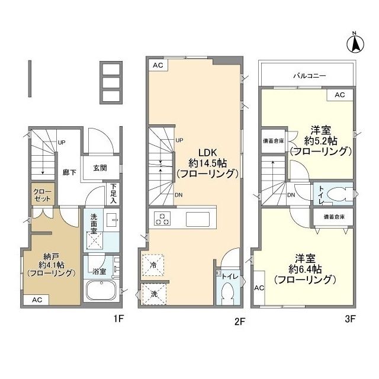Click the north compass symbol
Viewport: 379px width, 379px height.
(354, 42)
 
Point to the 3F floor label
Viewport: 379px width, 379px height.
(350, 319)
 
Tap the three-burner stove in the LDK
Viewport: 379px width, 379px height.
(163, 219)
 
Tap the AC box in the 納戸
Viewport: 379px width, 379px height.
(37, 300)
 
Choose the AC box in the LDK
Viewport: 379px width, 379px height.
(157, 65)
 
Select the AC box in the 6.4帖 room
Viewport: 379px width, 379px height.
(259, 287)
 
